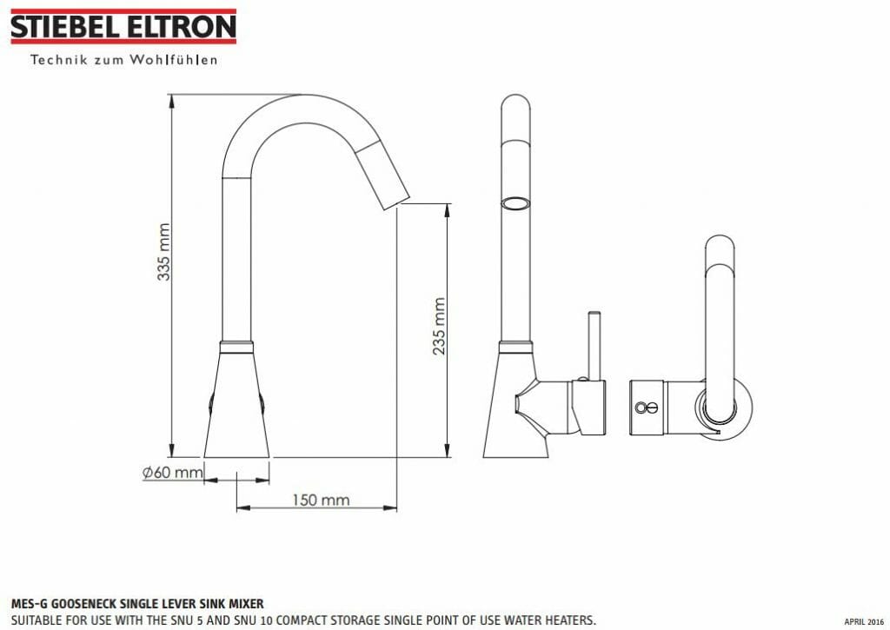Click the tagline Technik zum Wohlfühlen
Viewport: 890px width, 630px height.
[x=123, y=60]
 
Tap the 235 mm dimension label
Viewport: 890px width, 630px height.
[x=439, y=326]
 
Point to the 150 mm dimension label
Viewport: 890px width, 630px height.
[x=320, y=500]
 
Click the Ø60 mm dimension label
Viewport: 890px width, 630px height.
[x=172, y=473]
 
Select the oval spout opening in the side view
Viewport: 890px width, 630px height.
[x=515, y=204]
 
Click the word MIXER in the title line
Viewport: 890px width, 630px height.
[x=244, y=603]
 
